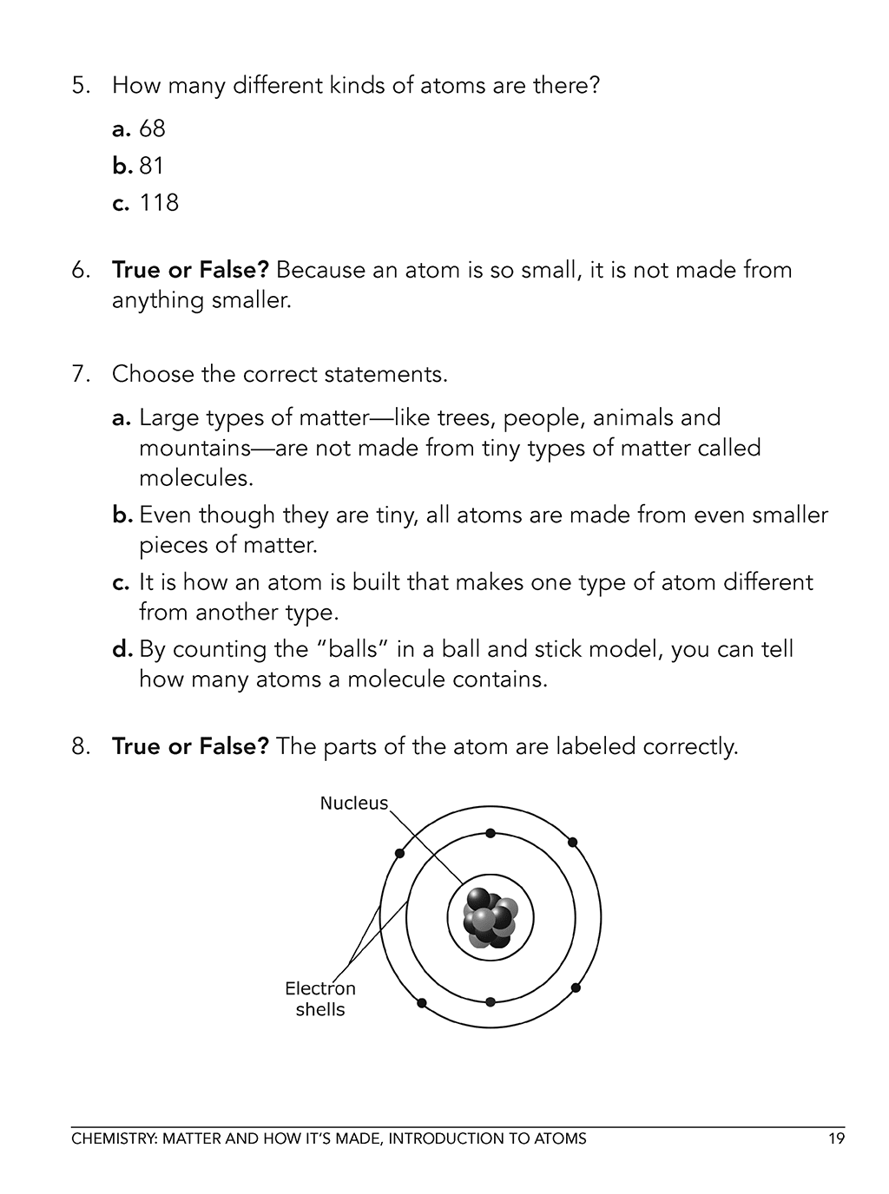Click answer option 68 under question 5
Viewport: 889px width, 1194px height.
click(151, 129)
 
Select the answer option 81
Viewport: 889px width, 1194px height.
click(151, 166)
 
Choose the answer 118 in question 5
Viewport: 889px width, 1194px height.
click(158, 203)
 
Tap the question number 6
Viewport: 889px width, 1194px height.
click(81, 270)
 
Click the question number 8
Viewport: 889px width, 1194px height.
click(81, 746)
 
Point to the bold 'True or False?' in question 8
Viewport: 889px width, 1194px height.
click(191, 746)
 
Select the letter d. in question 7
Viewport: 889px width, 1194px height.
click(122, 649)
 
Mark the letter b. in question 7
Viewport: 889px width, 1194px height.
click(122, 515)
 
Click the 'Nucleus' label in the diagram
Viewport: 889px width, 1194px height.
click(353, 804)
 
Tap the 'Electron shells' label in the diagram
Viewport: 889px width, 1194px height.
click(320, 999)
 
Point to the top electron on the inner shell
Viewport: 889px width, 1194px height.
click(491, 833)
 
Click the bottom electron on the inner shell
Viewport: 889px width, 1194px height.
click(491, 1001)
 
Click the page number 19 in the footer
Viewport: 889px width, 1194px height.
click(836, 1138)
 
